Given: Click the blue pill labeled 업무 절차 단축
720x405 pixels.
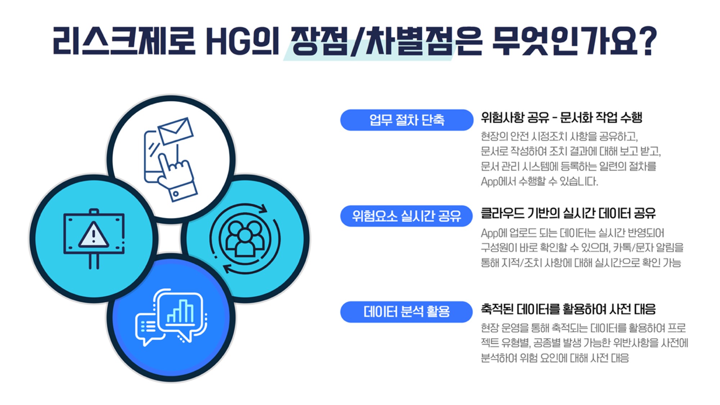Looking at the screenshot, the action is click(x=406, y=120).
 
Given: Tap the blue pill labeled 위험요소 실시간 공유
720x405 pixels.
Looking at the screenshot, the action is click(x=406, y=216).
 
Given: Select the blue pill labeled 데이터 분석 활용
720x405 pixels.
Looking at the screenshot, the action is click(x=406, y=312).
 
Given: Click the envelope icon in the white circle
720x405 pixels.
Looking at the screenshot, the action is click(x=176, y=131).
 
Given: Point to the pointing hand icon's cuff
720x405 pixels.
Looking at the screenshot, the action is click(x=184, y=191).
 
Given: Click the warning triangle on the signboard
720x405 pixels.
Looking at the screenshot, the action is click(x=94, y=235).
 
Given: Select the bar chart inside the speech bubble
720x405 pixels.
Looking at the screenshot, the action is click(x=181, y=311).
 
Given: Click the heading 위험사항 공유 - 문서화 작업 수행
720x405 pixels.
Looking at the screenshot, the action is click(x=562, y=117).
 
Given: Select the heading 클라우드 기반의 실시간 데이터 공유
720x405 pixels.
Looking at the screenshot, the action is click(x=568, y=213).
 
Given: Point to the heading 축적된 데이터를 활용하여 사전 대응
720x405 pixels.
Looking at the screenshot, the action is click(x=568, y=309).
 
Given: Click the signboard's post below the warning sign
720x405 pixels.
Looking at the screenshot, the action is click(x=94, y=261).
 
